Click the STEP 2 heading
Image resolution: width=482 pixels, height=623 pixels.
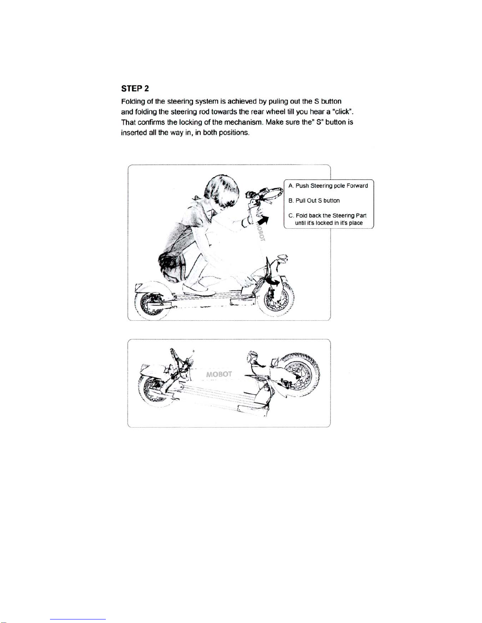(135, 88)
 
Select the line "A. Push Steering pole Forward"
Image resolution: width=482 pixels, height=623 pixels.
(328, 186)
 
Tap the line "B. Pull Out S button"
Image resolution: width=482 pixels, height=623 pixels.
(314, 200)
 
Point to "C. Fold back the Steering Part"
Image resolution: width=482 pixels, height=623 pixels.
(328, 215)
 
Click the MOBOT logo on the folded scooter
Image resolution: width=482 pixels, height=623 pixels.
(219, 374)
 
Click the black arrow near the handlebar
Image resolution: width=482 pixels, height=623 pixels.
(264, 221)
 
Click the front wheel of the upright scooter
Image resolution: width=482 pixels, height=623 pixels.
(276, 301)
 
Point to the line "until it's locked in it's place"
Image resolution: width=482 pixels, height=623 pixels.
(329, 223)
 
